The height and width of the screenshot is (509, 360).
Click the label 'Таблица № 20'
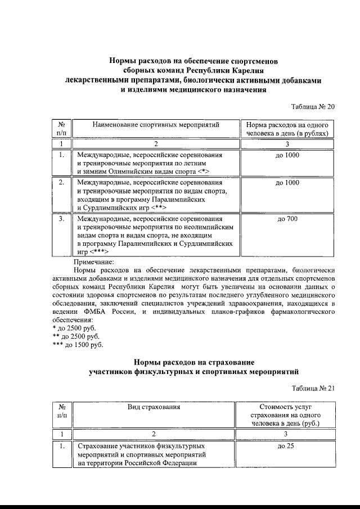tap(312, 107)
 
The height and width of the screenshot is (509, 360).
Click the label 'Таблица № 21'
tap(313, 388)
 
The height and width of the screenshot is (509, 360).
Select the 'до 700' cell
tap(287, 219)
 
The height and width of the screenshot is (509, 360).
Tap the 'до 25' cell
tap(287, 446)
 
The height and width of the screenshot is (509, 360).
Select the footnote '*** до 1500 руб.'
tap(77, 345)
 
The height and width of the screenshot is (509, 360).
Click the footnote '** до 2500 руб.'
tap(75, 336)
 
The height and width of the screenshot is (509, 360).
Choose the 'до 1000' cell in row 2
tap(287, 183)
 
